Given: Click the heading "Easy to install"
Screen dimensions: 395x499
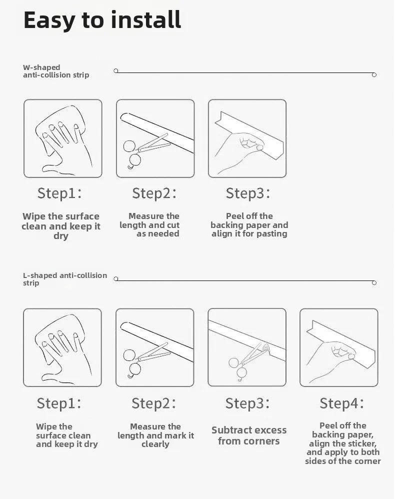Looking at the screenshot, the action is tap(102, 20).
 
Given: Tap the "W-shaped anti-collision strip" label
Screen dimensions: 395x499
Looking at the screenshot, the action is tap(56, 71).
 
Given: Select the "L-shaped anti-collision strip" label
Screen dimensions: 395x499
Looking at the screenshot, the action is tap(65, 279).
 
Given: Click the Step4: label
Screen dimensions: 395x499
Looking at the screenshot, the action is tap(341, 403).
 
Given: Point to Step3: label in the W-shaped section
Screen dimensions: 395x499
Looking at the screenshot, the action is tap(248, 193).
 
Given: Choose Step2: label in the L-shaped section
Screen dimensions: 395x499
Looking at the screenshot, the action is tap(153, 403).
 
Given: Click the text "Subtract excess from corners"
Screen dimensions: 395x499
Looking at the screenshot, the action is tap(249, 435).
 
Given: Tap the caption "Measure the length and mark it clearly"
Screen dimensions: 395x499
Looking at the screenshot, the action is tap(155, 435).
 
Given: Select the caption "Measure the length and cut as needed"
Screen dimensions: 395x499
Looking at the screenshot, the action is tap(149, 225).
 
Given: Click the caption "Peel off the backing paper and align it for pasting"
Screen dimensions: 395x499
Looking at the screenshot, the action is tap(249, 225).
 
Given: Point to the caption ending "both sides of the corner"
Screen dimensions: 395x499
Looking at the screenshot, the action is tap(343, 443).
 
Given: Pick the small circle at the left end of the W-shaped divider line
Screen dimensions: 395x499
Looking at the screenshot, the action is tap(116, 70).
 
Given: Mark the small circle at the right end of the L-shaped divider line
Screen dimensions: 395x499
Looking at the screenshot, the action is tap(374, 282).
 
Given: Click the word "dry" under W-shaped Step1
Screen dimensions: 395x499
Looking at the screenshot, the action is tap(61, 236).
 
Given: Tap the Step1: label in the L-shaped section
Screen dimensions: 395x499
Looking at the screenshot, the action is tap(59, 403).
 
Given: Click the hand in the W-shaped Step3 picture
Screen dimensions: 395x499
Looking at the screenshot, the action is tap(240, 153).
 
